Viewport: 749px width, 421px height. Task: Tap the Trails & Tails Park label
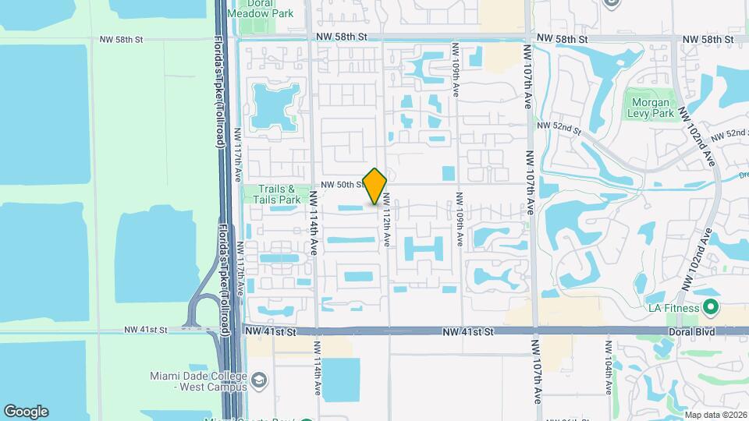point(272,194)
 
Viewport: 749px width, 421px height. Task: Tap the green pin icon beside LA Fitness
point(710,306)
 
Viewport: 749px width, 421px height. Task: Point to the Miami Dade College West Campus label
point(197,381)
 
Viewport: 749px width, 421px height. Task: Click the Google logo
point(26,412)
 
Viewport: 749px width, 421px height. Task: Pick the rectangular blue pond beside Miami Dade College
point(341,379)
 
